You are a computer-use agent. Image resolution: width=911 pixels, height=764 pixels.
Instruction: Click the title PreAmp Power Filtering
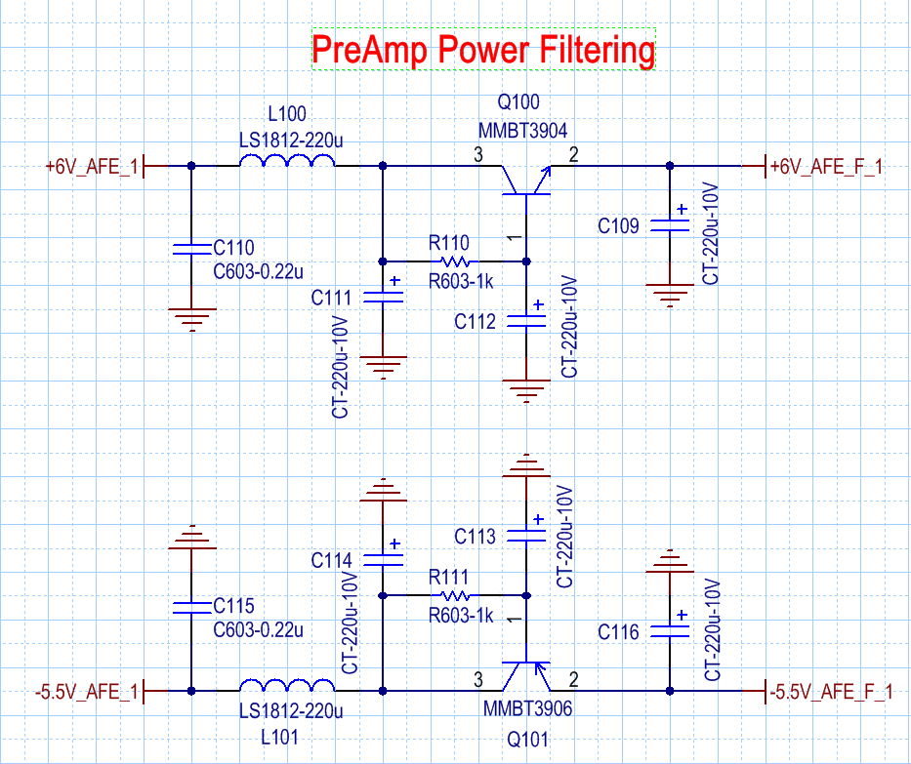(x=483, y=50)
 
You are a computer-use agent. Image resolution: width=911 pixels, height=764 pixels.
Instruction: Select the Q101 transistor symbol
(x=525, y=675)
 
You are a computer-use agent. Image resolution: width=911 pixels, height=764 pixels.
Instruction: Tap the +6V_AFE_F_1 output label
(x=826, y=167)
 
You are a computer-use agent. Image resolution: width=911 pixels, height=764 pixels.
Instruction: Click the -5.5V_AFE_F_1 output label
(x=830, y=692)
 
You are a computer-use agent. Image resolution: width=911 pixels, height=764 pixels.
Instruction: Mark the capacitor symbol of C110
(x=191, y=247)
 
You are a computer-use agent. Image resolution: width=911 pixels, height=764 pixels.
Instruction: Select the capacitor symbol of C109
(x=669, y=224)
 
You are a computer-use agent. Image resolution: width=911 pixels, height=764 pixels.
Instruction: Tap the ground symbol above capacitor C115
(x=191, y=538)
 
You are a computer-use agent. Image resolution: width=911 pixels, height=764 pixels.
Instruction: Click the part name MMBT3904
(x=522, y=130)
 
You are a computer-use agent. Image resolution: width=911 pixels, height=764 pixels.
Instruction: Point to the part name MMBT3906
(x=527, y=709)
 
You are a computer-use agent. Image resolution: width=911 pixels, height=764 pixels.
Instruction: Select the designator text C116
(x=618, y=633)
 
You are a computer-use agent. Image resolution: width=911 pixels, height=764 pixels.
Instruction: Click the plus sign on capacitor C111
(x=394, y=281)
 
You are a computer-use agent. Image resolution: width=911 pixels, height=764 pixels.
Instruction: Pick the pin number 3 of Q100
(x=477, y=153)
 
